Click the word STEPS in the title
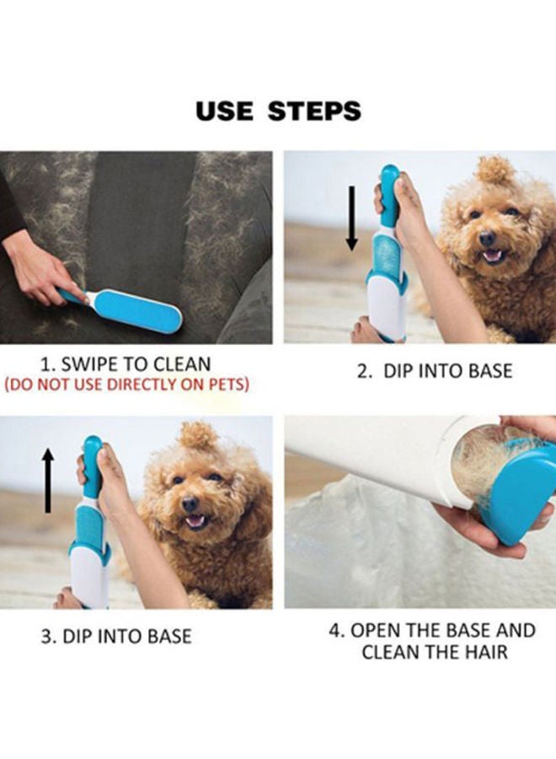pyautogui.click(x=315, y=110)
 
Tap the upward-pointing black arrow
pyautogui.click(x=48, y=481)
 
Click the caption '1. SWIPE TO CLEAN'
pyautogui.click(x=126, y=365)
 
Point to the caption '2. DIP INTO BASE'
pyautogui.click(x=434, y=371)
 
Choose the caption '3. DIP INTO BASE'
pyautogui.click(x=116, y=635)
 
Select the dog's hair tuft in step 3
pyautogui.click(x=200, y=435)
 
